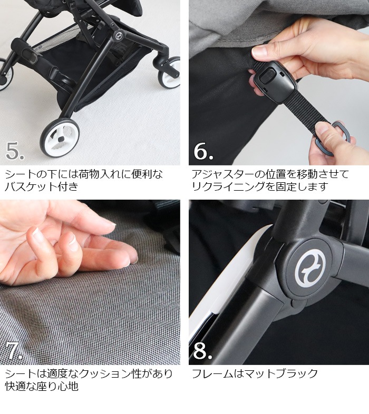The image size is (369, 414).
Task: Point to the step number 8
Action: [x=203, y=351]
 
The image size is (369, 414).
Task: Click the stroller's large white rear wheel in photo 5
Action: [x=60, y=138]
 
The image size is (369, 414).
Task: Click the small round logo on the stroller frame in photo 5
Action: [x=118, y=34]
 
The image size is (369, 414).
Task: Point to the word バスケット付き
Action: [x=42, y=186]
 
